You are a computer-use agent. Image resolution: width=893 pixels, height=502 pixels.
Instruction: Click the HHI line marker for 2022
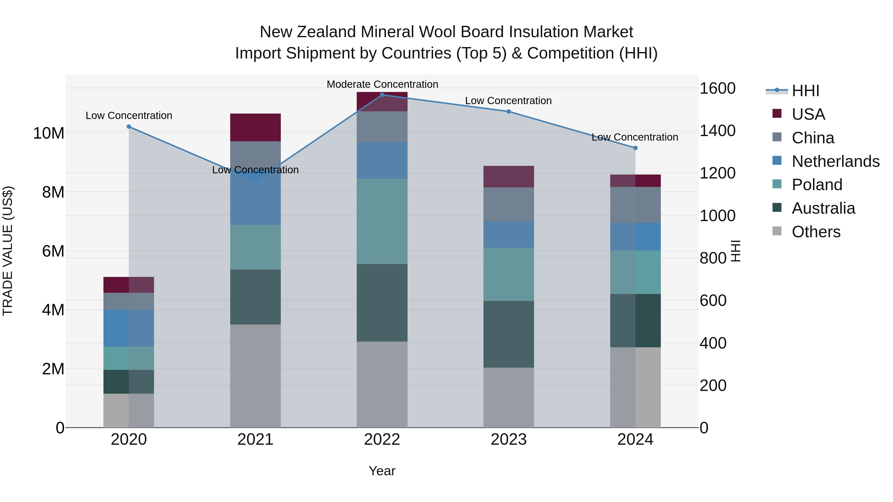pos(382,95)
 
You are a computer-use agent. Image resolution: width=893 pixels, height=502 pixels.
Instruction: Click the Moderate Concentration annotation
pos(382,84)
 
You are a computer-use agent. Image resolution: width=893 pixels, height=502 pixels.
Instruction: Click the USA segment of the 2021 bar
pos(255,127)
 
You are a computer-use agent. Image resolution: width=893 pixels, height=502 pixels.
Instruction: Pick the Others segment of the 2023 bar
pos(509,397)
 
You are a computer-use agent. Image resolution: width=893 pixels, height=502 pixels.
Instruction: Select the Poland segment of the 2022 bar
pos(382,221)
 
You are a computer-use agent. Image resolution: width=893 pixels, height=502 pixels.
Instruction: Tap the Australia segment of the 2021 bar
pos(255,297)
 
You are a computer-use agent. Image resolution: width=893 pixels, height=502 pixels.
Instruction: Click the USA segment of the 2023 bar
pos(509,177)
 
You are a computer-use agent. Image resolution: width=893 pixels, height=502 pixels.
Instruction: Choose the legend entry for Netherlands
pos(835,161)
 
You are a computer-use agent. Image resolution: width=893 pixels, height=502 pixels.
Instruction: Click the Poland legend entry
pos(817,185)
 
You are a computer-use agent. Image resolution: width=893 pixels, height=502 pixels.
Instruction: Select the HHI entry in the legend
pos(805,91)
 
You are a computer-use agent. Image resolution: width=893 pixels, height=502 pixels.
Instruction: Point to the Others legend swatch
pos(777,231)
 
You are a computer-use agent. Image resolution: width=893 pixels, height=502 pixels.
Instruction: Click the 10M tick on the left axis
pos(49,133)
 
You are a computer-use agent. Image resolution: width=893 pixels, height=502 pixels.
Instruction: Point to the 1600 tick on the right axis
pos(717,88)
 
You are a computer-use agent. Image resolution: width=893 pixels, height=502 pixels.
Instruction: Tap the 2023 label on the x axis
pos(509,440)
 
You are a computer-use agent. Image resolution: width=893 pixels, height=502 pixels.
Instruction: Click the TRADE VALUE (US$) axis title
pos(8,251)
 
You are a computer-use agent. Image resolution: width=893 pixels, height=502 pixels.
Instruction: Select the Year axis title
pos(382,471)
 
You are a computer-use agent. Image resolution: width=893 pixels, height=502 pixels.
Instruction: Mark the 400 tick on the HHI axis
pos(713,343)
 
